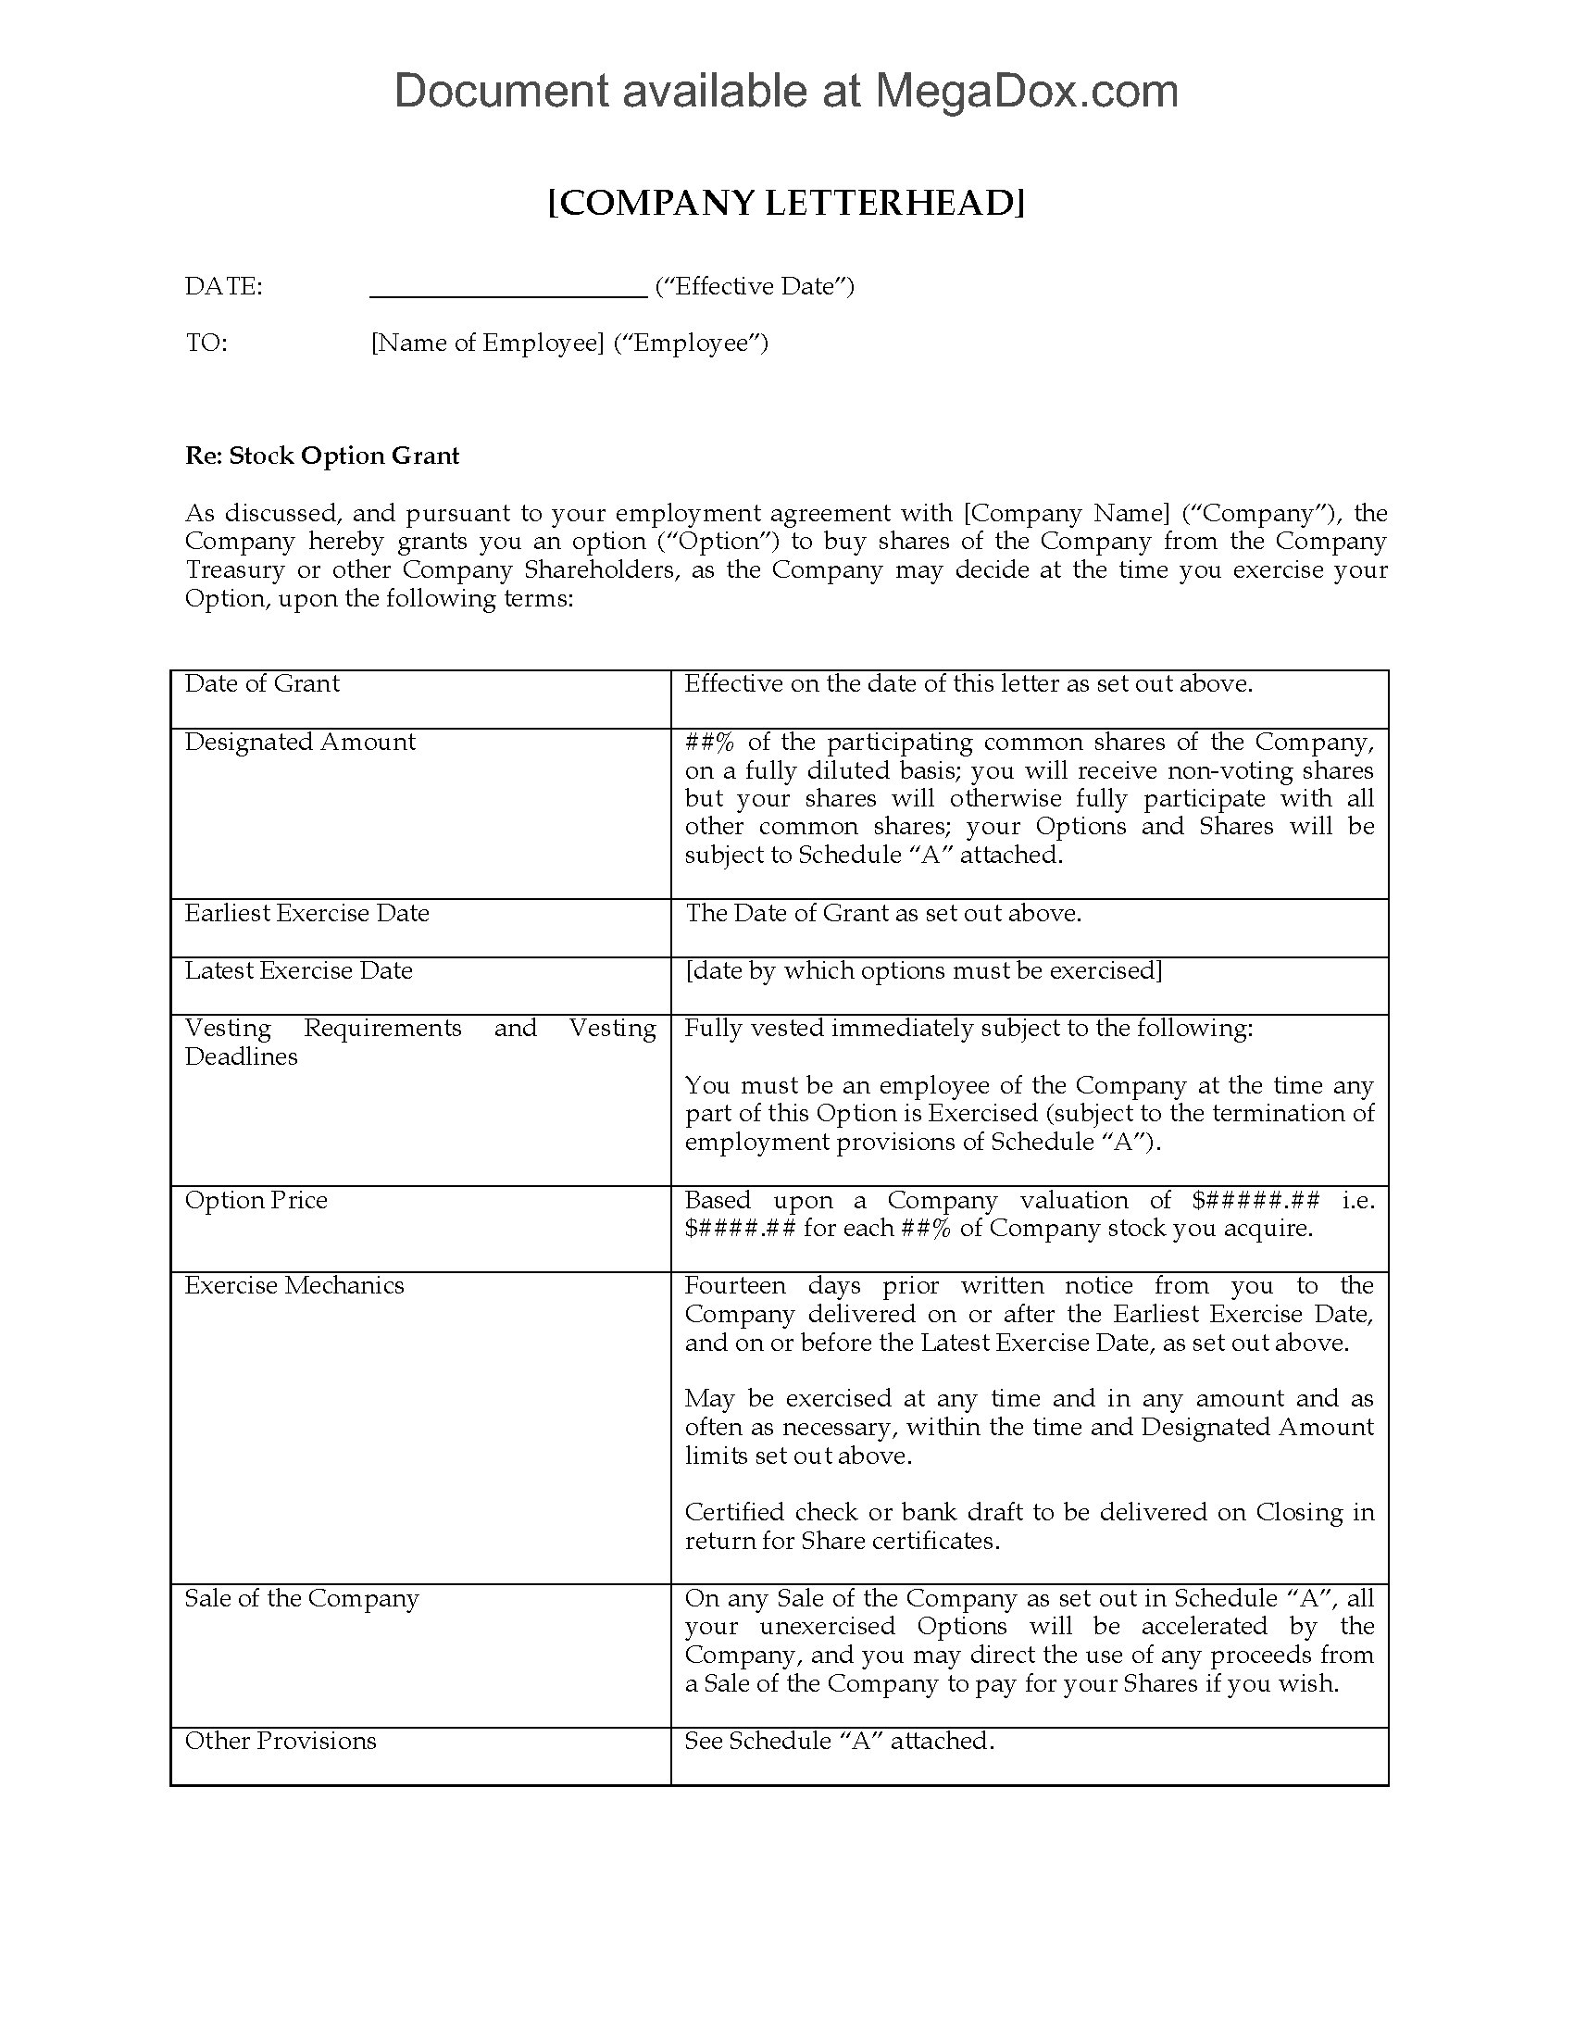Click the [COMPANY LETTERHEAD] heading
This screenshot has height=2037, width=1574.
(786, 203)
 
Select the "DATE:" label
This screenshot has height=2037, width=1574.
(224, 286)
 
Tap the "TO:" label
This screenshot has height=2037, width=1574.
(206, 344)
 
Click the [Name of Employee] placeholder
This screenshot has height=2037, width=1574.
(488, 344)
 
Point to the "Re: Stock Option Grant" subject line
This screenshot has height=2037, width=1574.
(321, 456)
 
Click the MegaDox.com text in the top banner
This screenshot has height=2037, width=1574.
(1025, 92)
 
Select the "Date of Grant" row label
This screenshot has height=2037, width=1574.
(262, 683)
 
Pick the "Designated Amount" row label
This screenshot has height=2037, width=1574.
(300, 742)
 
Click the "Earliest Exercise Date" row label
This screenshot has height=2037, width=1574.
(306, 913)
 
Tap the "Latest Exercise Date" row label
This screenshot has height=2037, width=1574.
(298, 971)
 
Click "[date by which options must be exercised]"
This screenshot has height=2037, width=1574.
(923, 971)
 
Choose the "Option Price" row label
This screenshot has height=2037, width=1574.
(256, 1200)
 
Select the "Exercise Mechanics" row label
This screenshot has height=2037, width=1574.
(294, 1286)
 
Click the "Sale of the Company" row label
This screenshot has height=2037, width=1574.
(302, 1599)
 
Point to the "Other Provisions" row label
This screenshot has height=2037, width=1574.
(281, 1742)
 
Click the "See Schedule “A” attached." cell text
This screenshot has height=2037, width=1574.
(839, 1742)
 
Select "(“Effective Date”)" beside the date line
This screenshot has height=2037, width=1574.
(755, 286)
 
